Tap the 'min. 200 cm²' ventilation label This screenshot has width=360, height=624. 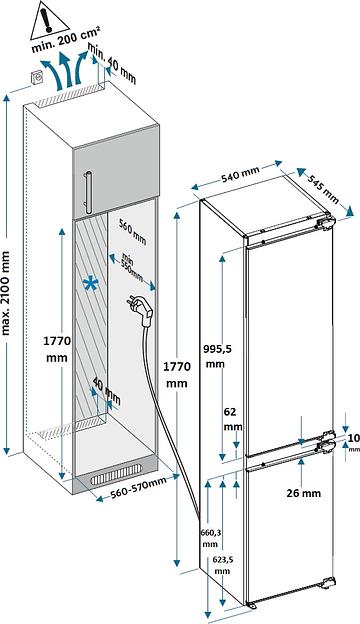pyautogui.click(x=66, y=37)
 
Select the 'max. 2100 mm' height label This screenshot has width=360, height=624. pyautogui.click(x=6, y=293)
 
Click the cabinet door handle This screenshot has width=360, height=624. pyautogui.click(x=88, y=193)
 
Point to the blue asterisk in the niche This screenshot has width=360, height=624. pyautogui.click(x=90, y=285)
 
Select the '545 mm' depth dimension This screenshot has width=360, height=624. pyautogui.click(x=323, y=190)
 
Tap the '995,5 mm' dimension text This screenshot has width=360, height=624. pyautogui.click(x=217, y=356)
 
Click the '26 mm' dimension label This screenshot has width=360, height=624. pyautogui.click(x=304, y=493)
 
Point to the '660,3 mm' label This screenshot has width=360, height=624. pyautogui.click(x=209, y=537)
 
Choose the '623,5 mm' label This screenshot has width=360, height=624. pyautogui.click(x=222, y=565)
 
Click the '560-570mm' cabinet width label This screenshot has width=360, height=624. pyautogui.click(x=138, y=488)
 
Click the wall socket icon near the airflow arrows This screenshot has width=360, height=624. pyautogui.click(x=37, y=78)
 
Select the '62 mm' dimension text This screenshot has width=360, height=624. pyautogui.click(x=233, y=419)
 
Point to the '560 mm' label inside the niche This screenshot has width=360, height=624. pyautogui.click(x=132, y=232)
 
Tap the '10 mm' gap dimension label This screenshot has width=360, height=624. pyautogui.click(x=353, y=442)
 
